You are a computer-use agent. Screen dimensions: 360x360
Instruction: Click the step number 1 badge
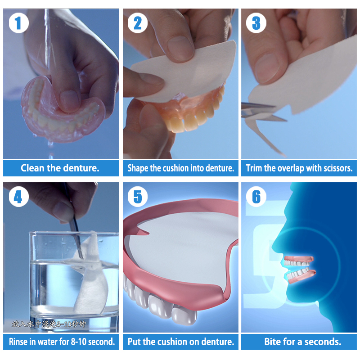(x=18, y=23)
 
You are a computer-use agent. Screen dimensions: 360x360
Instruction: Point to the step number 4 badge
(x=18, y=197)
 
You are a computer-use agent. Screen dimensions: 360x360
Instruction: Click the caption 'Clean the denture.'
(x=60, y=168)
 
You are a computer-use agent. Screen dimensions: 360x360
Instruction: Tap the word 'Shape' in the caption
(x=138, y=168)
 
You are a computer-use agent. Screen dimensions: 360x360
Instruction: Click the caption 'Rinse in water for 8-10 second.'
(x=62, y=342)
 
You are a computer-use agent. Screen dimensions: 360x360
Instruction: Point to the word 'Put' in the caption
(x=135, y=342)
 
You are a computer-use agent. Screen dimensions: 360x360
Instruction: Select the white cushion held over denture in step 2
(x=184, y=72)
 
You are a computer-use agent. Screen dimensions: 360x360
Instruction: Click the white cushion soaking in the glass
(x=92, y=279)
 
